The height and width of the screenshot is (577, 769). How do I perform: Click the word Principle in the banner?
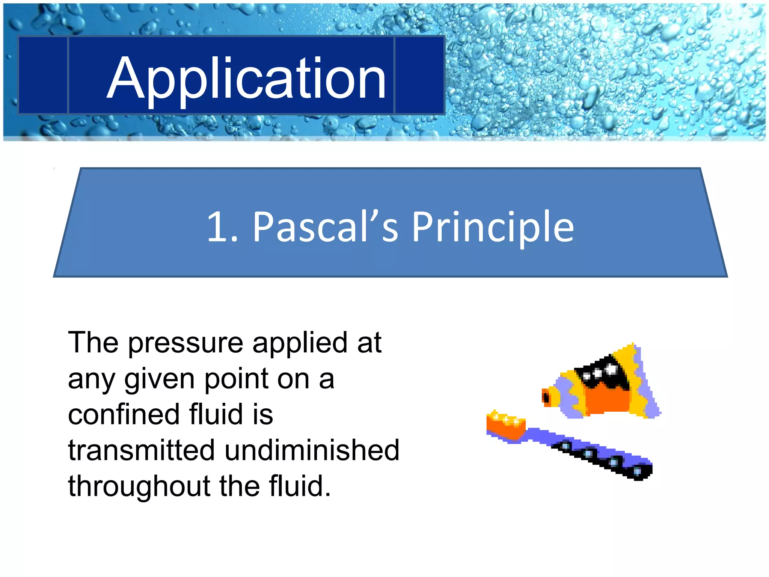pos(493,227)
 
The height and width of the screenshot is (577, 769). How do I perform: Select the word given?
pos(159,380)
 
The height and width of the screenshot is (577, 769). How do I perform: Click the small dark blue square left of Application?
pos(42,75)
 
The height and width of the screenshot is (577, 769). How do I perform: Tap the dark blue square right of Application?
pos(419,75)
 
